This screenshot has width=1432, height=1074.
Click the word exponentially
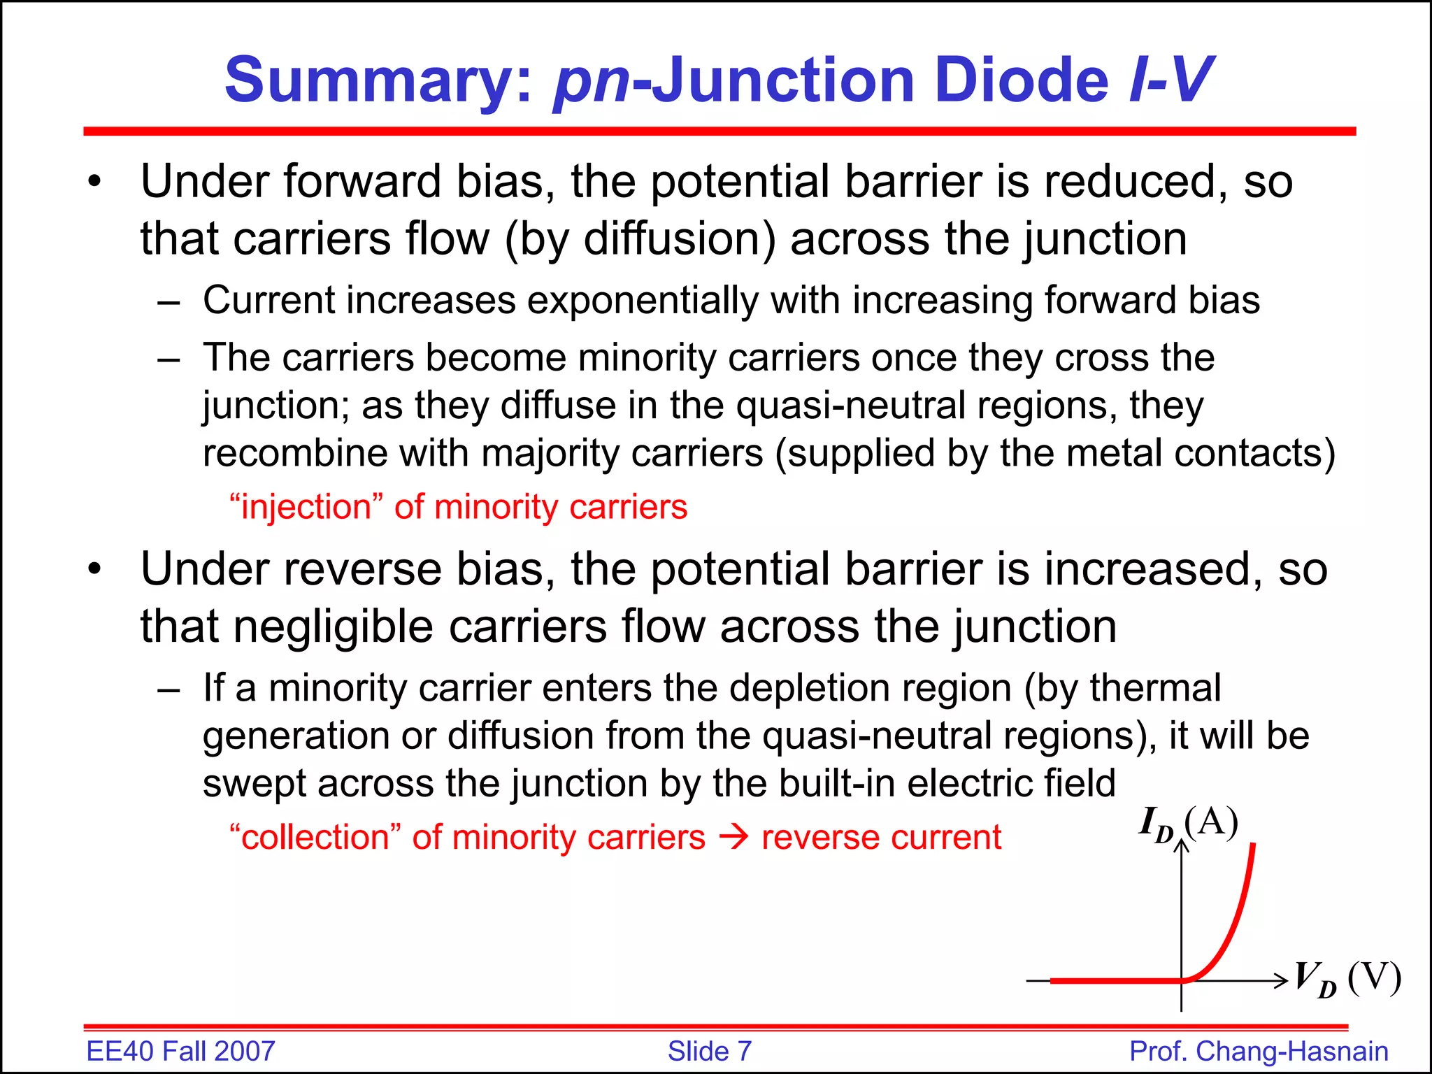tap(642, 301)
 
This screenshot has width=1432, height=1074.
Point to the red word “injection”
tap(306, 507)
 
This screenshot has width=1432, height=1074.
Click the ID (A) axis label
tap(1188, 824)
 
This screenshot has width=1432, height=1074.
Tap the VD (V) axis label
tap(1347, 979)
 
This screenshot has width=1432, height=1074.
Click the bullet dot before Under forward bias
tap(95, 183)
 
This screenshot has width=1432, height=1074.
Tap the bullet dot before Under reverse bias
tap(95, 570)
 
